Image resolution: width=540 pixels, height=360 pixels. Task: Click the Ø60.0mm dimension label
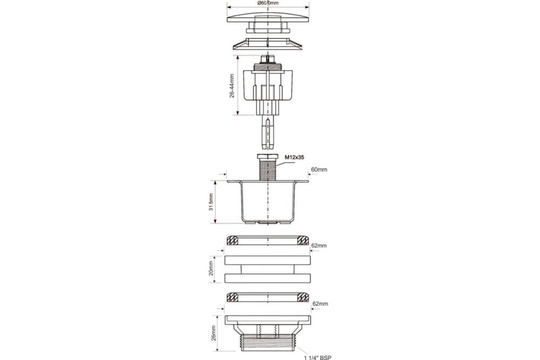268,3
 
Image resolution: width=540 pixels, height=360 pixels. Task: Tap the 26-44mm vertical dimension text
232,86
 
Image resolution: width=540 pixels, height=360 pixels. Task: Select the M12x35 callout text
294,157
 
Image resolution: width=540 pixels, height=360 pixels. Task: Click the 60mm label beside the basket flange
319,169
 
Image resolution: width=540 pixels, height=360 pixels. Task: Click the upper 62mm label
319,246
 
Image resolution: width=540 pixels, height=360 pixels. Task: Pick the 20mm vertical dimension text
211,268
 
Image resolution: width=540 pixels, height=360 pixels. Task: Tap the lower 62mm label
320,304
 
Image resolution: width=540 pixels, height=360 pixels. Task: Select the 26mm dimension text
213,333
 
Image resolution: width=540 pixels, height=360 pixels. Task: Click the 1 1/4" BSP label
317,358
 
